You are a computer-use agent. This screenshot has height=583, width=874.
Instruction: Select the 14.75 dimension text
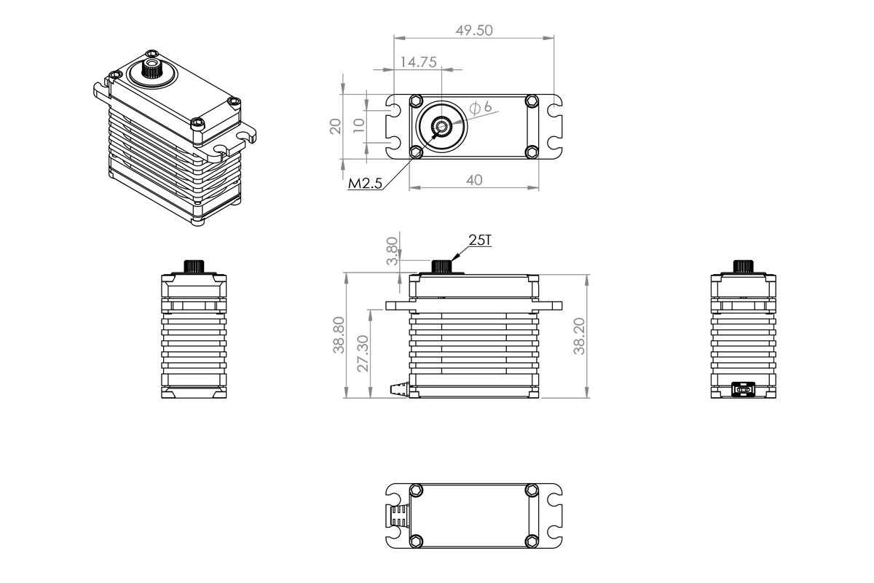point(418,63)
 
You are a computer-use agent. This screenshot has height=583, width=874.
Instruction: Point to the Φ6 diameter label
point(481,108)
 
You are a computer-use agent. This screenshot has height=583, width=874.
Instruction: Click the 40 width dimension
point(474,180)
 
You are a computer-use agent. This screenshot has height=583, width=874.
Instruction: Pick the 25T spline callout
point(480,240)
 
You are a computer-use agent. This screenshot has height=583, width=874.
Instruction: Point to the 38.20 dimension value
point(580,335)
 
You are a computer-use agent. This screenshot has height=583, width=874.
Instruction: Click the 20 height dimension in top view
point(336,127)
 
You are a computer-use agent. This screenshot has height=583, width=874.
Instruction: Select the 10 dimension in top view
point(358,125)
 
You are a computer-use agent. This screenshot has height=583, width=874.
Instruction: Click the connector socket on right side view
point(743,390)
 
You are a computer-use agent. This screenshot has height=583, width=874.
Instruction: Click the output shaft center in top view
point(441,128)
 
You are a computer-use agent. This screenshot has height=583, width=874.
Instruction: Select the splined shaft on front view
point(441,266)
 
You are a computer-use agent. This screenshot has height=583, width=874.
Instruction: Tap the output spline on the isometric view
point(152,69)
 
